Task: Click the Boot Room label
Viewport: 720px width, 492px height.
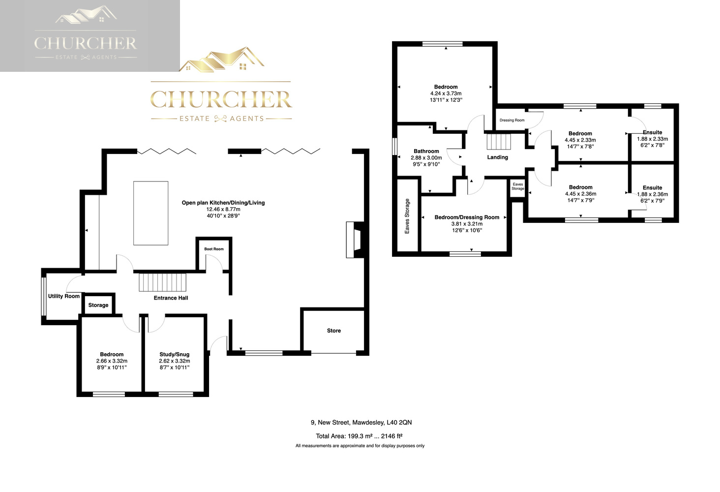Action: tap(214, 249)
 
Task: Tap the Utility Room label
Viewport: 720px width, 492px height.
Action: tap(63, 296)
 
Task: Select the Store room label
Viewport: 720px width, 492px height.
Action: tap(333, 331)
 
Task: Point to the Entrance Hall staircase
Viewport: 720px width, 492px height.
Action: tap(163, 282)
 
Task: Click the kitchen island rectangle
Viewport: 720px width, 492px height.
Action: tap(151, 213)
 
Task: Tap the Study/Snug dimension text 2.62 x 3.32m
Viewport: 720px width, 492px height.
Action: tap(175, 361)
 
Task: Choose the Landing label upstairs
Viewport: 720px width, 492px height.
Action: tap(498, 157)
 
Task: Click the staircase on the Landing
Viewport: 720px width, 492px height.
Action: tap(499, 142)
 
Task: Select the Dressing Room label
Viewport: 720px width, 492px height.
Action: tap(512, 120)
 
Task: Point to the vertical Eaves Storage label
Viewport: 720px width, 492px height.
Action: tap(407, 216)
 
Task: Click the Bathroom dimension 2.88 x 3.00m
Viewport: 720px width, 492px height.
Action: tap(426, 157)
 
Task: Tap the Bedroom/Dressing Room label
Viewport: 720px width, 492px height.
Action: tap(467, 217)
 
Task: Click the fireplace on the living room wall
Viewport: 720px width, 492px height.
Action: tap(355, 240)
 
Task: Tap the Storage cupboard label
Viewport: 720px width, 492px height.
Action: tap(98, 305)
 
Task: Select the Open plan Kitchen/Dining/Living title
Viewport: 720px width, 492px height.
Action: tap(223, 203)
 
